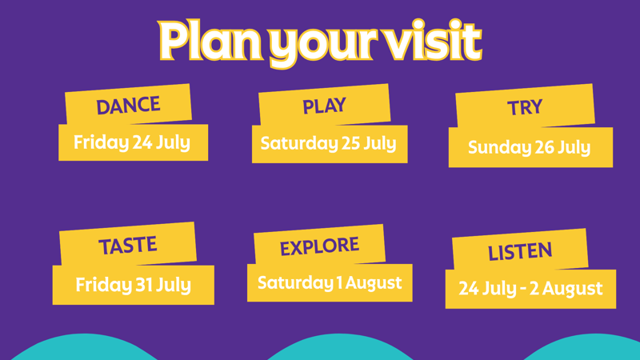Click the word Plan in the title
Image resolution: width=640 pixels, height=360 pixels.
[210, 41]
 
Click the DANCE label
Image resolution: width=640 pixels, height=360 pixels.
[128, 106]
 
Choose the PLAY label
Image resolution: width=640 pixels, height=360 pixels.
[324, 106]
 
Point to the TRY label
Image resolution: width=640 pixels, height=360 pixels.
[525, 108]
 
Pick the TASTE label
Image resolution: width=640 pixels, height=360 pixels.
[128, 246]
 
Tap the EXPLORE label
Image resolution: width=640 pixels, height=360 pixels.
[319, 246]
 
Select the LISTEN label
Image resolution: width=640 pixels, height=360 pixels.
[520, 251]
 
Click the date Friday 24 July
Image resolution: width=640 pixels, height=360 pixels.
[132, 143]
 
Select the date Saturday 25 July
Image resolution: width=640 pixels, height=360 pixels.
[329, 144]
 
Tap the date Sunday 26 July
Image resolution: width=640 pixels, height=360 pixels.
[530, 147]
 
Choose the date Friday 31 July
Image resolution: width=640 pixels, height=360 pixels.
[133, 285]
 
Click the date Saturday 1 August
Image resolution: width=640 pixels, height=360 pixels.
[330, 283]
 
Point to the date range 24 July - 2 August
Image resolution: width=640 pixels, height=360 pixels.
[530, 289]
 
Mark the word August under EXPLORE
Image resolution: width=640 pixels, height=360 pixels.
[374, 284]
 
